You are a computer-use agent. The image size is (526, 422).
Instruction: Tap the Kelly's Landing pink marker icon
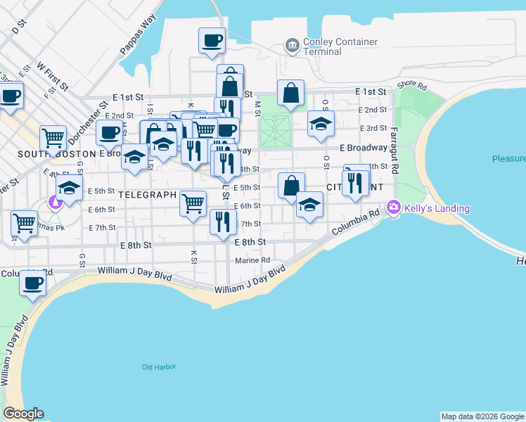point(392,208)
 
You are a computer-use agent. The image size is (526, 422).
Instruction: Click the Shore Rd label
point(411,85)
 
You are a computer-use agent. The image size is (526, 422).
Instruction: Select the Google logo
point(23,414)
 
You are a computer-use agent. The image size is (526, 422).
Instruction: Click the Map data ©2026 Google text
point(482,416)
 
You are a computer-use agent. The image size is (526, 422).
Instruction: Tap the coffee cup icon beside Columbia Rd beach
point(32,283)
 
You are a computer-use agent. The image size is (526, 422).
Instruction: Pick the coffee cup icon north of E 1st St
point(212,40)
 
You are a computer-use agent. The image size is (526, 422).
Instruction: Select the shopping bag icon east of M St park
point(290,93)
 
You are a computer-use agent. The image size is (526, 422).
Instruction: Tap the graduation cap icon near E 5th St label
point(70,188)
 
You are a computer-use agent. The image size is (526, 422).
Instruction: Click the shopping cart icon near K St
point(193,203)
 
